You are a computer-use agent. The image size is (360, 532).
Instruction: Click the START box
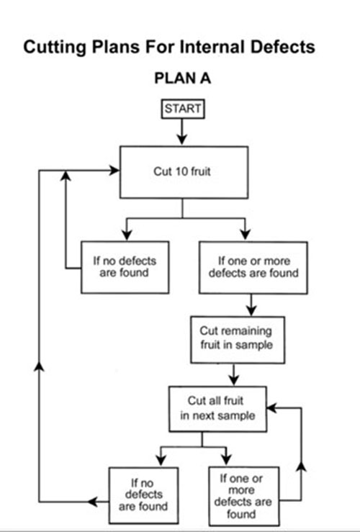click(183, 109)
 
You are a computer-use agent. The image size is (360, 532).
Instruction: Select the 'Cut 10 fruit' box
click(184, 172)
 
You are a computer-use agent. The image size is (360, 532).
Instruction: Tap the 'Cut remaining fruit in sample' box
click(238, 340)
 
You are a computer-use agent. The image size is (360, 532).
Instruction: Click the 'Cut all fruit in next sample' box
click(217, 409)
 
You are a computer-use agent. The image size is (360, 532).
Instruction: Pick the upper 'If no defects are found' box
click(125, 267)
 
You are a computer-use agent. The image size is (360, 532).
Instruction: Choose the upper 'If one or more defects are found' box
click(253, 267)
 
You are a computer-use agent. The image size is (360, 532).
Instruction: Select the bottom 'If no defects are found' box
click(143, 495)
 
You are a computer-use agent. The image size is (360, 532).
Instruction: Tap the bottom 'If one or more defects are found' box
click(243, 496)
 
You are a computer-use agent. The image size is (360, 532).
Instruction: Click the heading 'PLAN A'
click(183, 78)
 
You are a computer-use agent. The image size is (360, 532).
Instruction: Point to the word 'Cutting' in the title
click(54, 48)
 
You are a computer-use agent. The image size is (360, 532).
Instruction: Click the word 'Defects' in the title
click(283, 47)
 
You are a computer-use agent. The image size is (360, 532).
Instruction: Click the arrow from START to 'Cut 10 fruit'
click(182, 132)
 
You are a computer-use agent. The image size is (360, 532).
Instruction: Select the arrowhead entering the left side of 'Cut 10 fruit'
click(114, 171)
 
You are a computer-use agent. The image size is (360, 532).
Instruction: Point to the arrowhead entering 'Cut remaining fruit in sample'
click(251, 310)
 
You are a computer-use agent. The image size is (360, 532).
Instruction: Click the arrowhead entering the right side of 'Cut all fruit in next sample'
click(272, 408)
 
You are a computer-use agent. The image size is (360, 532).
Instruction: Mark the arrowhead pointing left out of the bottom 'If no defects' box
click(93, 502)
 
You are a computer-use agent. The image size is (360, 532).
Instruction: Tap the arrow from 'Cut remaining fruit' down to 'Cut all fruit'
click(233, 374)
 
